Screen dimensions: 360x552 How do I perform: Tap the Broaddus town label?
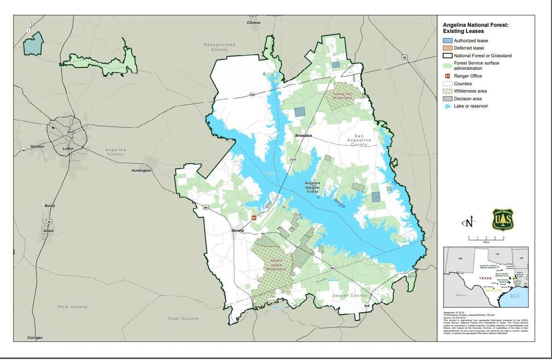304,136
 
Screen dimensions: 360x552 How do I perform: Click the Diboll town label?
48,231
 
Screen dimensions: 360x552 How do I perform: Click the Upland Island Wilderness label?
276,267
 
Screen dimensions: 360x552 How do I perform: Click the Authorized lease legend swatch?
448,41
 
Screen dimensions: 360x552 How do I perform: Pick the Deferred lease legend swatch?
448,48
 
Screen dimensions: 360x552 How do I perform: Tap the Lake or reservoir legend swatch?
448,106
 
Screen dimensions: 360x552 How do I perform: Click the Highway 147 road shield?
293,159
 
